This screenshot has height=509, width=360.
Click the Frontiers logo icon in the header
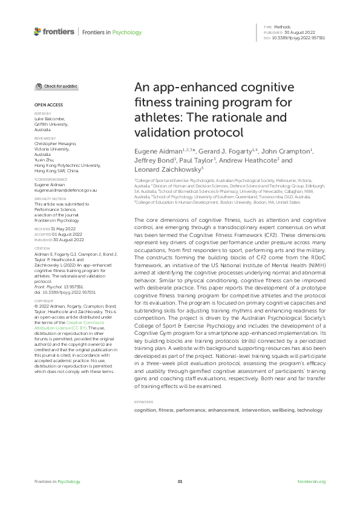38,31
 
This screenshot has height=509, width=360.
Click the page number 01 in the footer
180,481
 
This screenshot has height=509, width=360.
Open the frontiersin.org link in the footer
312,481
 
